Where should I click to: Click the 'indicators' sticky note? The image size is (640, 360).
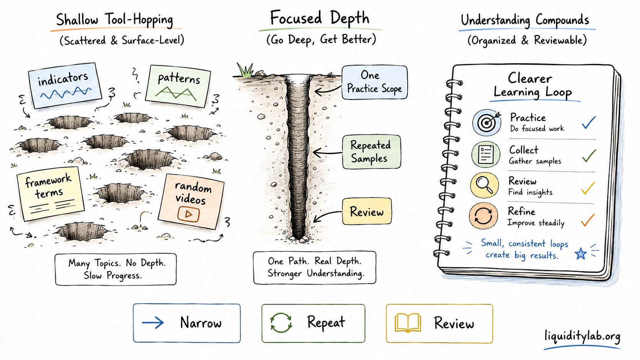pos(65,85)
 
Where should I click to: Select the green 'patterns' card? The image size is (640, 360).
pos(178,86)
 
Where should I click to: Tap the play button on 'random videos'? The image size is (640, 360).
pos(188,214)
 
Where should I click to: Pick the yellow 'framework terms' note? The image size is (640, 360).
pos(50,194)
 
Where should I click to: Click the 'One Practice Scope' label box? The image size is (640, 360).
pos(375,82)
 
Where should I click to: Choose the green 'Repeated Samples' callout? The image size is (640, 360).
pos(371,152)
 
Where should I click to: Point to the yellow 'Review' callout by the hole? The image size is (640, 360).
pos(367,212)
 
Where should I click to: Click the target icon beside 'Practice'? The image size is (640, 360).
pos(487,122)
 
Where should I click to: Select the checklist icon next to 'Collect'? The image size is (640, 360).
pos(486,155)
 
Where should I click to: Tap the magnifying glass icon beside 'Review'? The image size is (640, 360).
pos(485,185)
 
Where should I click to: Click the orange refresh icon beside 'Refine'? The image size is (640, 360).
pos(483,216)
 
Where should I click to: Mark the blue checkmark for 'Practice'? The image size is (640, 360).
pos(589,122)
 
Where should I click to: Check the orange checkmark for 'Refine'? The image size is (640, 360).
pos(588,220)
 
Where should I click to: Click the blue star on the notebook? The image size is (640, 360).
pos(581,254)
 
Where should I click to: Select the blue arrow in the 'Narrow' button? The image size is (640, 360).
pos(153,323)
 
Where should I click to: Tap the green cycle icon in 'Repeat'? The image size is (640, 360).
pos(281,323)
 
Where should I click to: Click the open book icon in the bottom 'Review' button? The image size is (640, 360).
pos(408,323)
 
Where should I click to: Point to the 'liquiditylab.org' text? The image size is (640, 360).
pos(582,336)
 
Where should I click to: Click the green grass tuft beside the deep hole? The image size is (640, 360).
pos(245,70)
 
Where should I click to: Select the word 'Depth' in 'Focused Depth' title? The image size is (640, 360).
pos(350,19)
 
